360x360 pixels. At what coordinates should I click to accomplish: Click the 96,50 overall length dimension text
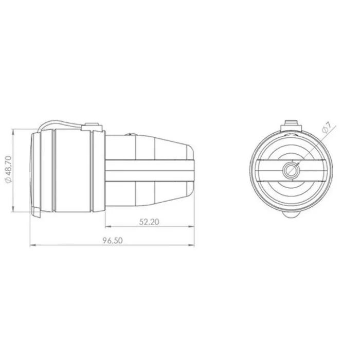coord(113,241)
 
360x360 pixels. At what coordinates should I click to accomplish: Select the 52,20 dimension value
coord(149,222)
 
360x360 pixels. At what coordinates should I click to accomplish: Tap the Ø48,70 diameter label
coord(9,169)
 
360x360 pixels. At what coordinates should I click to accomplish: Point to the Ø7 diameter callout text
coord(327,128)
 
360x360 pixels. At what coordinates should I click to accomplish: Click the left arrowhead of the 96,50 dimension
coord(33,245)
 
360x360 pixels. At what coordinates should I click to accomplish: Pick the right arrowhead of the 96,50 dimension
coord(191,245)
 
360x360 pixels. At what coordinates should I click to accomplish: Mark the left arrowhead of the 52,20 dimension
coord(108,227)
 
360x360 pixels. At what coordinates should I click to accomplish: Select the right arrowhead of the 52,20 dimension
coord(191,227)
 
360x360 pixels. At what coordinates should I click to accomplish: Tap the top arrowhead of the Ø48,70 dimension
coord(13,132)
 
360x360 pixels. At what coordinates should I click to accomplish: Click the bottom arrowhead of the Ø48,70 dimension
coord(13,209)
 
